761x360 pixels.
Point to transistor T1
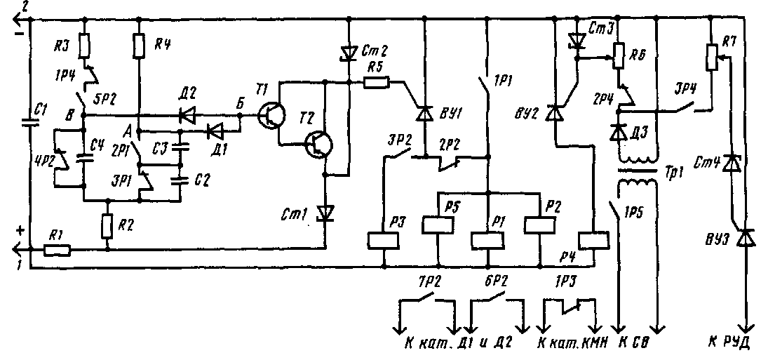tap(269, 114)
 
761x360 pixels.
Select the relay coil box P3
tap(384, 241)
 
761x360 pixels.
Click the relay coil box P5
tap(436, 225)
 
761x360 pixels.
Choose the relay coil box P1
tap(487, 240)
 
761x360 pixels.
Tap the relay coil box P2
tap(539, 225)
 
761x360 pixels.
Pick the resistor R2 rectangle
tap(107, 225)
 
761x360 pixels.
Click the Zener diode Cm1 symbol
tap(325, 211)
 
